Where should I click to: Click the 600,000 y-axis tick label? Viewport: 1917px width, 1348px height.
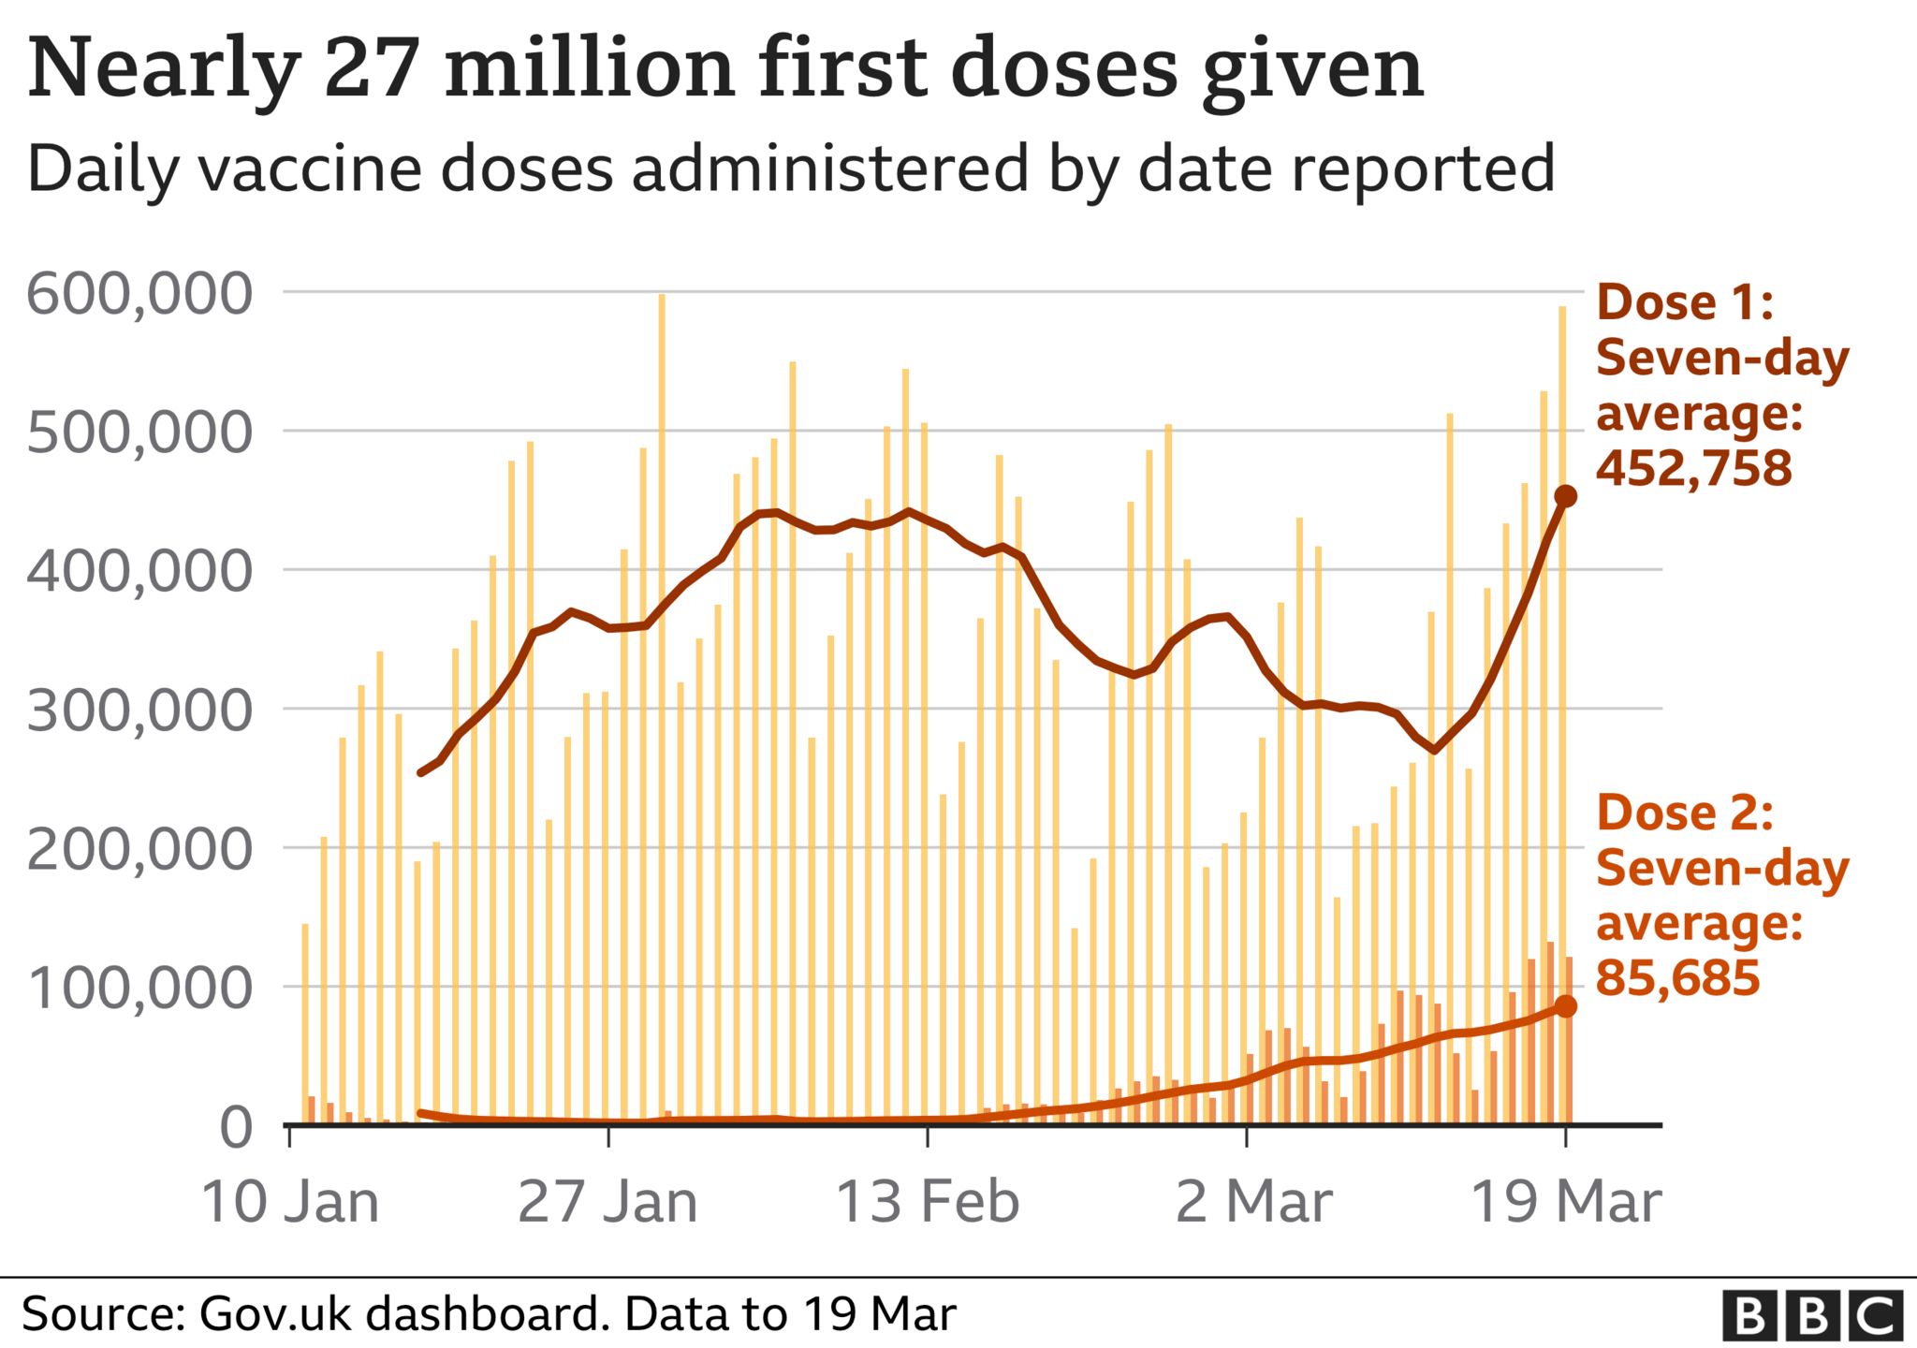(140, 295)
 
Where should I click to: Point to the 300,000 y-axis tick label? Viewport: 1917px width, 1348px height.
(140, 711)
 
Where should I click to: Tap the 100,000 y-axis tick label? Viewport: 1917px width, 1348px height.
(140, 989)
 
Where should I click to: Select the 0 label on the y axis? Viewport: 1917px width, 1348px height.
(236, 1128)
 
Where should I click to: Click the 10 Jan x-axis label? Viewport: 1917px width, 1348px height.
(290, 1203)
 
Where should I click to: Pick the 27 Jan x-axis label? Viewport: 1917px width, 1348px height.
(607, 1203)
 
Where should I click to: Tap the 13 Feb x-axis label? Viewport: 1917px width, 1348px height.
(927, 1203)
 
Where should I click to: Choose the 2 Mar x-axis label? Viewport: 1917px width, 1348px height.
(1253, 1203)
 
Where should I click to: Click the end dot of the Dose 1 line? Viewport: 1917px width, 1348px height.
(1565, 496)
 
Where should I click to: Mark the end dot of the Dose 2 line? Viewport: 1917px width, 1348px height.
(1565, 1006)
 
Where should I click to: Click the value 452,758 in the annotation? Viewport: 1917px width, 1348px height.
(1693, 468)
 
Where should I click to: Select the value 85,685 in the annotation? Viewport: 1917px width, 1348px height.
(1677, 978)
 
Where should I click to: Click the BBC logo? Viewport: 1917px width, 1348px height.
(1812, 1316)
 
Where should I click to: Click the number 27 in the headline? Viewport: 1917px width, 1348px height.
(371, 70)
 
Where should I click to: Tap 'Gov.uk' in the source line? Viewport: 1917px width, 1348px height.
(276, 1314)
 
